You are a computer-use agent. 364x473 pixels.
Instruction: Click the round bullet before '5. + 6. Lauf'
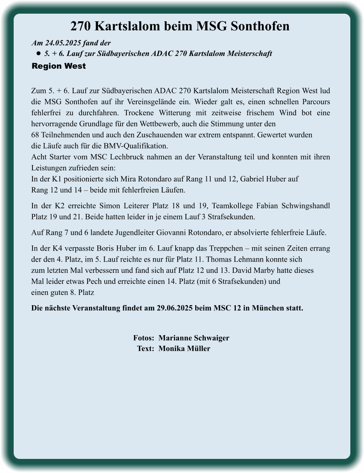[38, 54]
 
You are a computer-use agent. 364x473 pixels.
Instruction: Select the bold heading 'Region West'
[59, 66]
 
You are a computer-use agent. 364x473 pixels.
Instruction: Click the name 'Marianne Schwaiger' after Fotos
[194, 338]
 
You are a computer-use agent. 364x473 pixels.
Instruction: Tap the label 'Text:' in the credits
[145, 349]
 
